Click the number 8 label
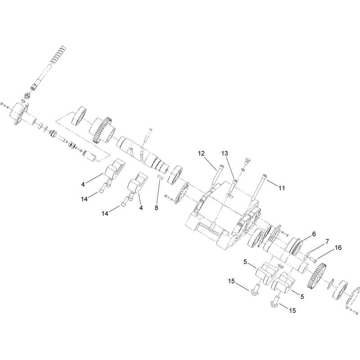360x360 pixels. pos(156,208)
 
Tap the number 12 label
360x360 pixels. pos(201,153)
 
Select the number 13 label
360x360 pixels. pos(225,153)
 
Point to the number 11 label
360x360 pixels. pos(282,188)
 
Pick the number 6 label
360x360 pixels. pos(314,234)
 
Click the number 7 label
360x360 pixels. pos(327,242)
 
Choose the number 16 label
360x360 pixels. pos(338,248)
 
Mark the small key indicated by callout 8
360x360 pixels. pos(160,177)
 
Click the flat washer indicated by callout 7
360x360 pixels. pos(307,255)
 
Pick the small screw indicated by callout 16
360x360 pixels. pos(313,260)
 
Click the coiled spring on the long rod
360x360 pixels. pos(58,54)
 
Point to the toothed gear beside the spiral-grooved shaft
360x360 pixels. pos(102,130)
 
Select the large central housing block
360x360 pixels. pos(224,211)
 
